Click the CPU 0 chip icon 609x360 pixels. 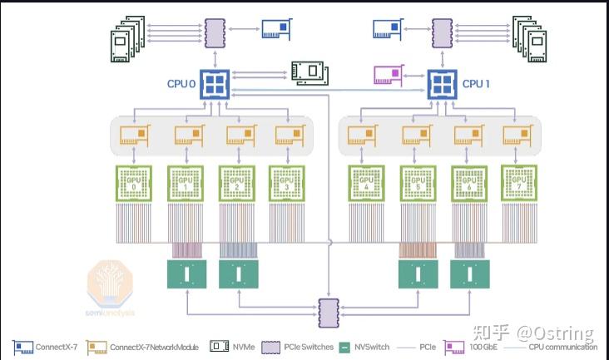215,85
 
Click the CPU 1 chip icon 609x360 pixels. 443,84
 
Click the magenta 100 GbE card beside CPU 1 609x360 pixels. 388,76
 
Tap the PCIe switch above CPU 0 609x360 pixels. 215,32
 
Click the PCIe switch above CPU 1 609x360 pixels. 443,32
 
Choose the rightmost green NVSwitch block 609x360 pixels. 467,274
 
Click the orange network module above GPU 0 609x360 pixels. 134,134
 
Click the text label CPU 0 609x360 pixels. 181,84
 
